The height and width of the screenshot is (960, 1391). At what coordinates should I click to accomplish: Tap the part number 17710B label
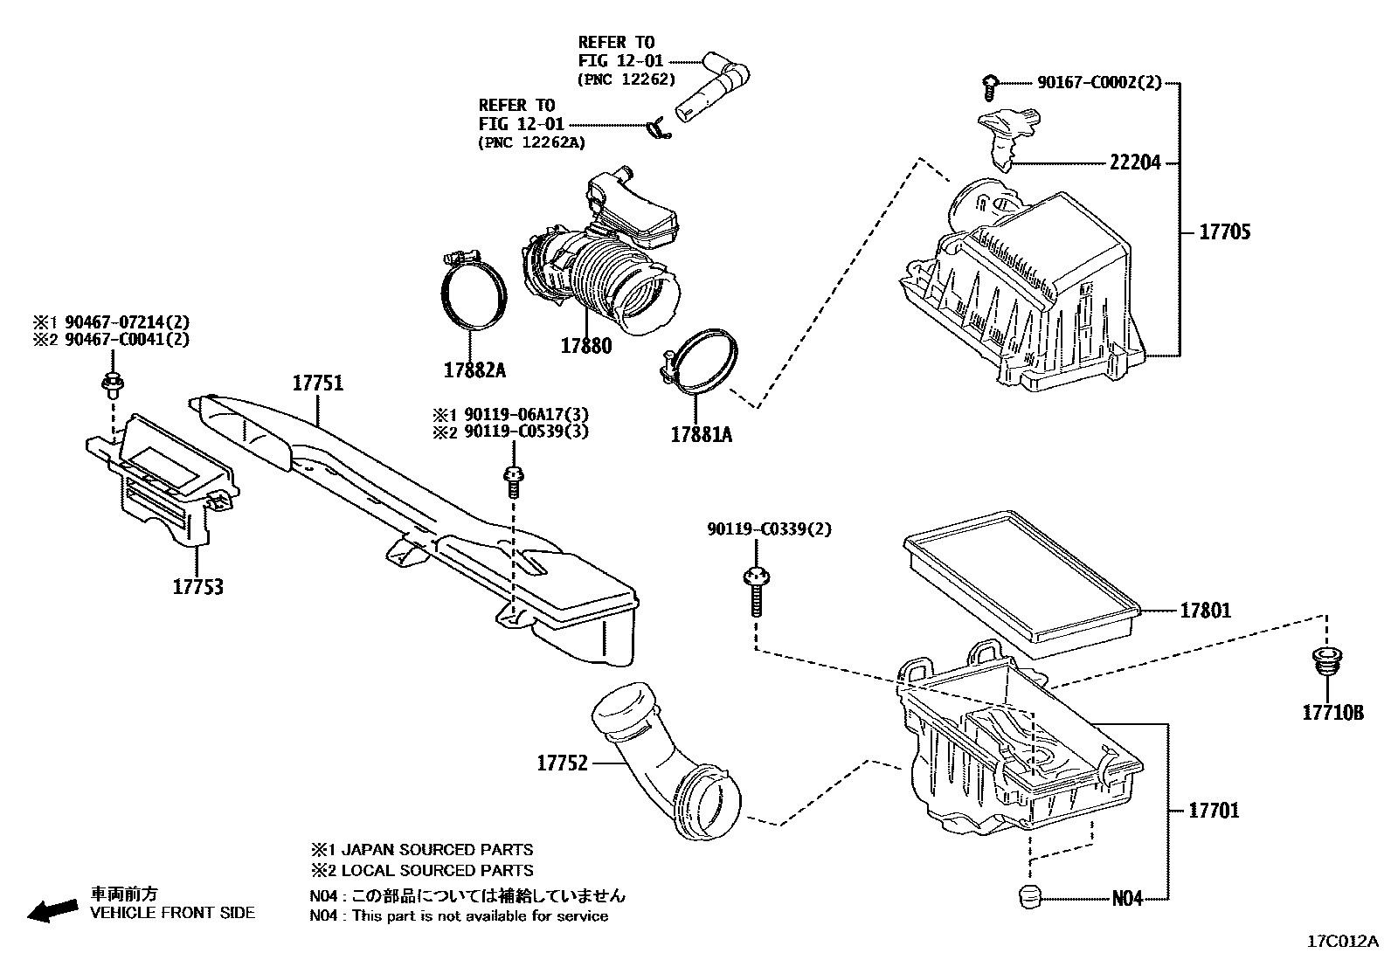click(1332, 713)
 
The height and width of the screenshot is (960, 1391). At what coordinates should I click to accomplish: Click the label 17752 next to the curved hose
click(562, 763)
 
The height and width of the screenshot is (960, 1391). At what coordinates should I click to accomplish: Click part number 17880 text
click(585, 346)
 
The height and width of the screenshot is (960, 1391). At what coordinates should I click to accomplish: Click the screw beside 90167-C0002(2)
click(989, 85)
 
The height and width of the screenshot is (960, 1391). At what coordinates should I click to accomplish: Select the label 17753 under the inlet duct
click(197, 587)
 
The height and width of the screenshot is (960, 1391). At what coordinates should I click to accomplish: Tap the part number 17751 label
click(317, 383)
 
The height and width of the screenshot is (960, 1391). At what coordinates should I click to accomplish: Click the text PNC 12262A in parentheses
click(533, 142)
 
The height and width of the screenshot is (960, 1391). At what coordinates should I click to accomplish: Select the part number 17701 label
click(1214, 811)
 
